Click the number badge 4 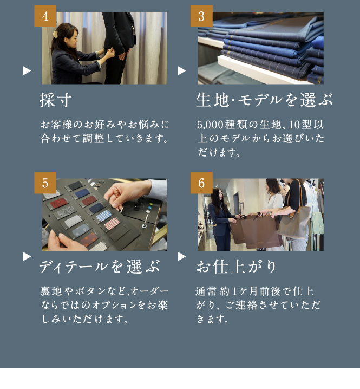[45, 16]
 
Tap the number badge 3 [201, 16]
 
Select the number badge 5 [45, 183]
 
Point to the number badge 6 [201, 183]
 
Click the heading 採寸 [56, 100]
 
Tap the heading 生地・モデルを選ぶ [264, 100]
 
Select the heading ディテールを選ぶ [100, 267]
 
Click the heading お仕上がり [237, 267]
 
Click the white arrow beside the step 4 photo [27, 71]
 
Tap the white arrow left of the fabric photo [182, 71]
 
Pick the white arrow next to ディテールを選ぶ [27, 256]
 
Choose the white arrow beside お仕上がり [182, 256]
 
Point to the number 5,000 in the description [211, 125]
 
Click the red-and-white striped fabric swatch [112, 224]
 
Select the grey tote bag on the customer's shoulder [294, 222]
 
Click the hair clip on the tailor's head [56, 34]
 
